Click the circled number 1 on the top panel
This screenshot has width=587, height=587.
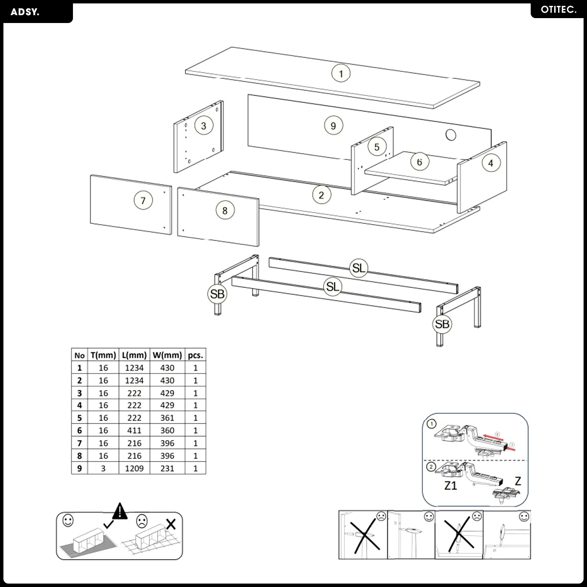(x=341, y=74)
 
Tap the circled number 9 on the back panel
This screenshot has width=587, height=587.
(x=333, y=126)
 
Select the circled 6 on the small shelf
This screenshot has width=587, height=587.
(x=419, y=162)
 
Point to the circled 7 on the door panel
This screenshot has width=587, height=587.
(x=143, y=200)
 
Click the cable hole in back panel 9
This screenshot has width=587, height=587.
(x=451, y=135)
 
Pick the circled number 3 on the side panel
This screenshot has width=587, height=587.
(x=204, y=125)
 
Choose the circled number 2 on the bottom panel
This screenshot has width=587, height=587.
(x=321, y=195)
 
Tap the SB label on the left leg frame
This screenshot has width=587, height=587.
(x=217, y=294)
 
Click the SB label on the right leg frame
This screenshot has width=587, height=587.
(x=442, y=324)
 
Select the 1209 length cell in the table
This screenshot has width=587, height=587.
(x=134, y=469)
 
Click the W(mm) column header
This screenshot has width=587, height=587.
(x=167, y=355)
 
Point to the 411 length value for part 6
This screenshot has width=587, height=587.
(x=134, y=430)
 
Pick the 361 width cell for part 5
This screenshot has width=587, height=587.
(x=167, y=418)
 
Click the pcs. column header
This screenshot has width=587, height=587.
(x=195, y=355)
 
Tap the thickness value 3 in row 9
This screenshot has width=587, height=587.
(x=103, y=469)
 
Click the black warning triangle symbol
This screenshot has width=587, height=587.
(x=120, y=511)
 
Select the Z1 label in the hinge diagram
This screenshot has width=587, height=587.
(x=450, y=486)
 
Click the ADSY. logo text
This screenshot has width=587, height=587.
(x=24, y=12)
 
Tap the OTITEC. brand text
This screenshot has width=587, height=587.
(x=559, y=10)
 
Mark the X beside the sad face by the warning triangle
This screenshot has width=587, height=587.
(x=171, y=524)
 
